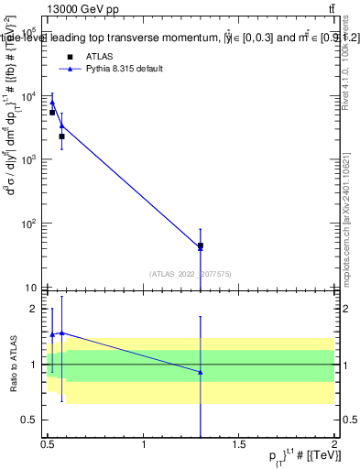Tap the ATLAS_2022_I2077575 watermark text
pyautogui.click(x=191, y=272)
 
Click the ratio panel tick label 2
pyautogui.click(x=35, y=309)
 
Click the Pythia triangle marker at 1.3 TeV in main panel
pyautogui.click(x=201, y=247)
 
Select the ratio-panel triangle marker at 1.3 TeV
pyautogui.click(x=201, y=372)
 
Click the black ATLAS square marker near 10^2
pyautogui.click(x=201, y=245)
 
